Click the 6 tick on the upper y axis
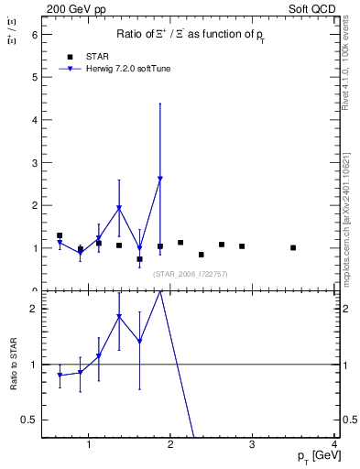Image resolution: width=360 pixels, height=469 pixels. (34, 34)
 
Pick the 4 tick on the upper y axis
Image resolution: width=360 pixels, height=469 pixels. (34, 120)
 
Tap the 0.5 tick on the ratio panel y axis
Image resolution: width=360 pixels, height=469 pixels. (28, 420)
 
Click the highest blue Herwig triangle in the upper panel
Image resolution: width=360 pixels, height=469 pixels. (160, 180)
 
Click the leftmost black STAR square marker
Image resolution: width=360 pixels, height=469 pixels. (60, 235)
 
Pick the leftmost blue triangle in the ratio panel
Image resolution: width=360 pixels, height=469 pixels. (60, 376)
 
